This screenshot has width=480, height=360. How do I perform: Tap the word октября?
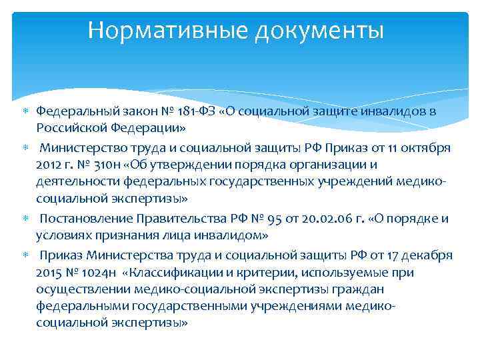431,147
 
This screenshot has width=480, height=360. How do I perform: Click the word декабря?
431,255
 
